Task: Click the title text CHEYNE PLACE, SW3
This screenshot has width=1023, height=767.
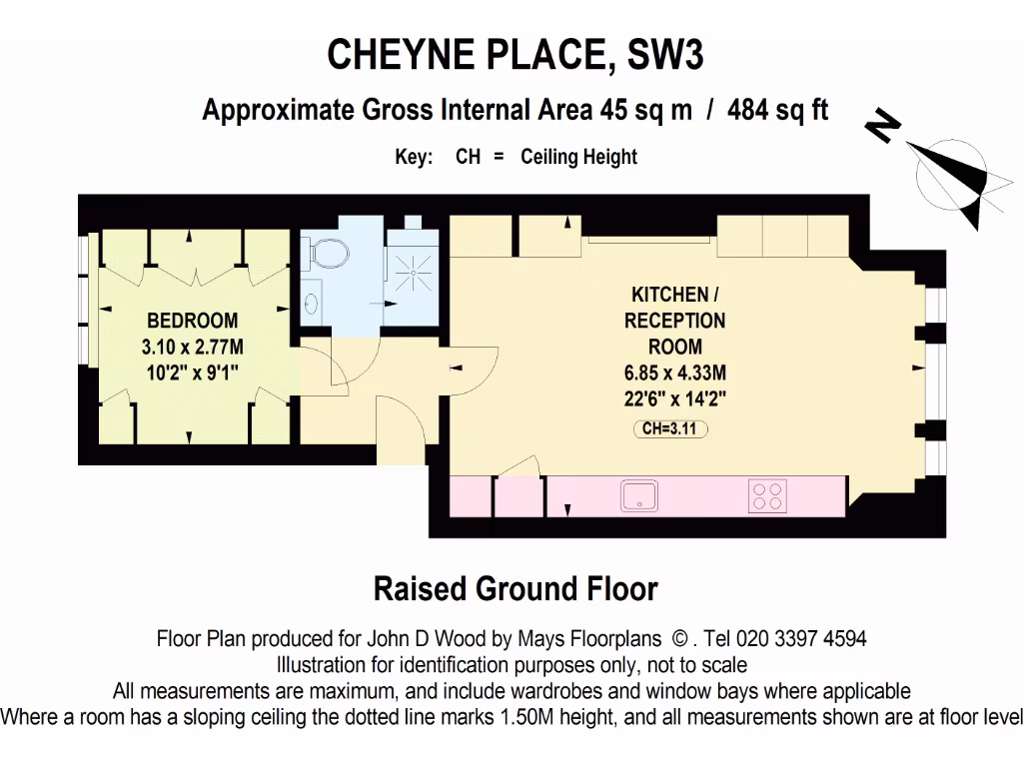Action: (515, 55)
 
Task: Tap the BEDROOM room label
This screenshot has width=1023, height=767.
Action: (193, 322)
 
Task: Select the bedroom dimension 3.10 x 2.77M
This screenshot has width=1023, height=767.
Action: (193, 348)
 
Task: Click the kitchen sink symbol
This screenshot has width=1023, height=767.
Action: (638, 495)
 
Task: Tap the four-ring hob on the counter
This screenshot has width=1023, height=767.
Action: (767, 495)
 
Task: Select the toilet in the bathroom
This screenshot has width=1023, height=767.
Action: (327, 254)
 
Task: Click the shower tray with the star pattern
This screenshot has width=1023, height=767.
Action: (410, 267)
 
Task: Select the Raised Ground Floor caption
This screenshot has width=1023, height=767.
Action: (515, 589)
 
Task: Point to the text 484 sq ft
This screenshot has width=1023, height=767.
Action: (778, 109)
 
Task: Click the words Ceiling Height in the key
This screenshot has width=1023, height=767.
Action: (578, 157)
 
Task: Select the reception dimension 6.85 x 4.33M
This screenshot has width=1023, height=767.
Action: (674, 374)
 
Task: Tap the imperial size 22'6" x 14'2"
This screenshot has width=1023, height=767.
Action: (674, 399)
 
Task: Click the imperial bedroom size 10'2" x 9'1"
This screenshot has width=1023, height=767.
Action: (193, 374)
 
